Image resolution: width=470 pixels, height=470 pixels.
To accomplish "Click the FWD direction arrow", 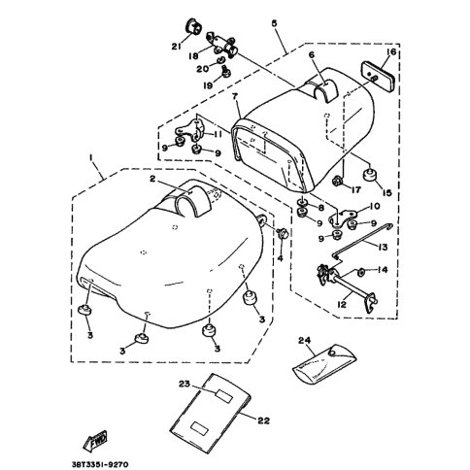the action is point(95,441).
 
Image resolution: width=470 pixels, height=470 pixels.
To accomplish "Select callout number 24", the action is point(305,340).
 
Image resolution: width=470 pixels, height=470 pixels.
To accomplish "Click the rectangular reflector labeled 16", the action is point(378,79).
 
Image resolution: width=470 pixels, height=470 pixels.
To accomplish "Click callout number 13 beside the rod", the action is point(383,248).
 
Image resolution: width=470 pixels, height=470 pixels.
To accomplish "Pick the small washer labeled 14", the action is point(361,272).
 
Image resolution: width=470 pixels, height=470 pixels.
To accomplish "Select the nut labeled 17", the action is point(338,181).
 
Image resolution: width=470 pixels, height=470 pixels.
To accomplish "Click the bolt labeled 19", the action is point(226,71).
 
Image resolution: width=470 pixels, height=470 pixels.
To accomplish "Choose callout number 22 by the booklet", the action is point(264,420).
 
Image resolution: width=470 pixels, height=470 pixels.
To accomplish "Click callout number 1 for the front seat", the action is point(91,157).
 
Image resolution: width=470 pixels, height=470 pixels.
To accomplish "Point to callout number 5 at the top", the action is point(274,23).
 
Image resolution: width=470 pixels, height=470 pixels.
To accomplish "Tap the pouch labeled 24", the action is point(324,363).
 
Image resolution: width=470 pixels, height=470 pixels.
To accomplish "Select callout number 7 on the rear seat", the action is point(235,96).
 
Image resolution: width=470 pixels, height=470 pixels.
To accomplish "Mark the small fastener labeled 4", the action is point(283,232).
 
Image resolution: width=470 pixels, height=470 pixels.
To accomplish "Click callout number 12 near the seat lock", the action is point(342,305).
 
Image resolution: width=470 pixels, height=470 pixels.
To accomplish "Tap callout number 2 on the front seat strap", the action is point(152,179).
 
